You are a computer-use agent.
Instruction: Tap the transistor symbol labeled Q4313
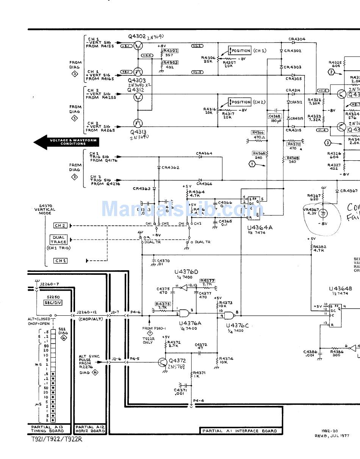coord(138,123)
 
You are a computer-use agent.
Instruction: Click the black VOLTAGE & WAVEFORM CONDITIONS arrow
coord(66,142)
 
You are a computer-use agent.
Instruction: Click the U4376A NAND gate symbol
coord(185,313)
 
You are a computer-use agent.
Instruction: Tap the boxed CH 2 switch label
coord(60,226)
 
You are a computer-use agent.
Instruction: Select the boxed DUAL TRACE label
coord(58,240)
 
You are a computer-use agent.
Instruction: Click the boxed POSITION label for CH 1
coord(240,51)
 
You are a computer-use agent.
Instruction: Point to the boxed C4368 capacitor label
coord(275,116)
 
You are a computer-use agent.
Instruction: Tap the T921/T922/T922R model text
coord(56,439)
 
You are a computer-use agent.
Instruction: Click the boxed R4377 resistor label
coord(207,281)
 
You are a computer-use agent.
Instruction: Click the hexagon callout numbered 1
coord(252,164)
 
